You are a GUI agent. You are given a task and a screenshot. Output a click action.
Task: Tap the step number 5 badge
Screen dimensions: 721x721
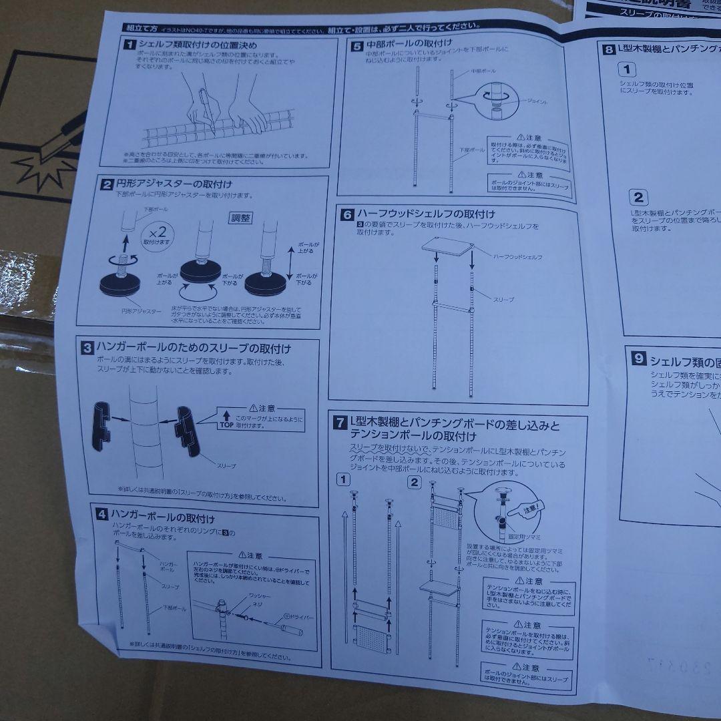point(357,46)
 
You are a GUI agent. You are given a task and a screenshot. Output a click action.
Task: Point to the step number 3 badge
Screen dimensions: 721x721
point(87,347)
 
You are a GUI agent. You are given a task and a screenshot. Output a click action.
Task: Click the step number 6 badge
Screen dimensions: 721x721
point(346,214)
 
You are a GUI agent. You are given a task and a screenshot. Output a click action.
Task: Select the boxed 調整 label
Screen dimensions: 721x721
point(242,218)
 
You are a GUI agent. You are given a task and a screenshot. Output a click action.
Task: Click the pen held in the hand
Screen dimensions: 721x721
point(206,110)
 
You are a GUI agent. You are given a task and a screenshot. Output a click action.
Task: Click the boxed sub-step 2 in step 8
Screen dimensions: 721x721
point(638,197)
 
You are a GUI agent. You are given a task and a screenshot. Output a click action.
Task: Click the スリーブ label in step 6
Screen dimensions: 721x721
point(503,300)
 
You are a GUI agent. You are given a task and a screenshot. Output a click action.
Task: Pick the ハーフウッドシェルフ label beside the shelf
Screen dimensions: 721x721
point(517,257)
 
